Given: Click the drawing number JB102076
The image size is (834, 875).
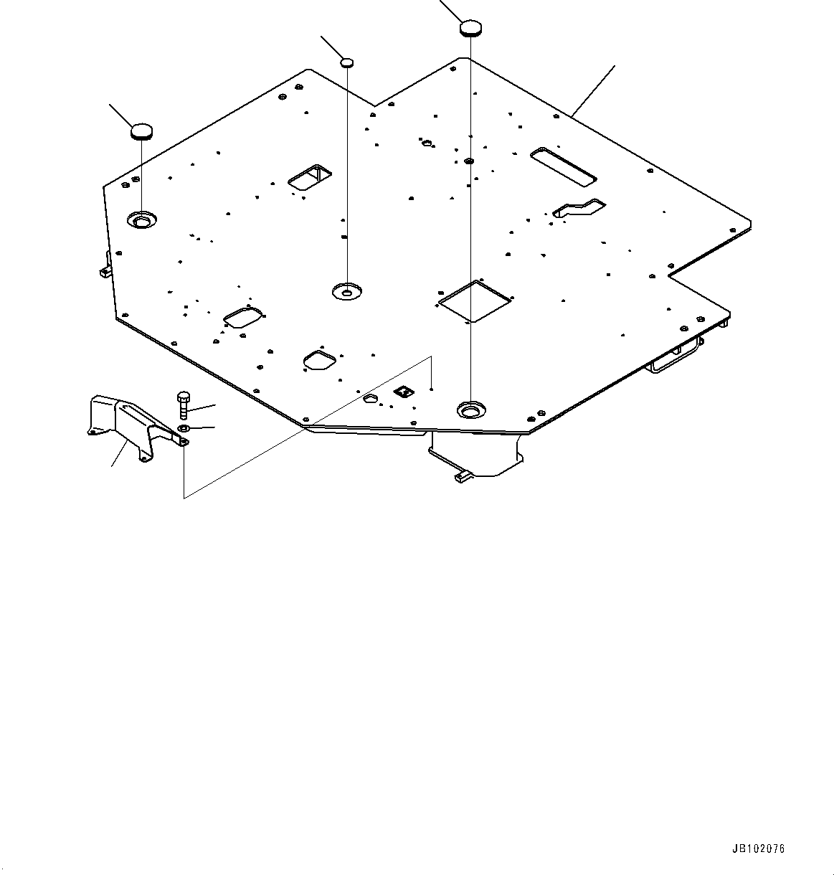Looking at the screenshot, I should (758, 848).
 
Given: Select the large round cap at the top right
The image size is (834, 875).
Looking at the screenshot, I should (470, 29).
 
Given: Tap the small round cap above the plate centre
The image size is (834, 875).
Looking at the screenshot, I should (346, 62).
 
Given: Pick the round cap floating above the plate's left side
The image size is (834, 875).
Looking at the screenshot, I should (141, 131).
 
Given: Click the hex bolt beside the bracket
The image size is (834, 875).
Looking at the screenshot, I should (183, 406).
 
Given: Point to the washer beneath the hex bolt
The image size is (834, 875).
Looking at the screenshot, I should (183, 429).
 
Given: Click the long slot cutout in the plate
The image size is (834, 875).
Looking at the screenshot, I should (563, 164).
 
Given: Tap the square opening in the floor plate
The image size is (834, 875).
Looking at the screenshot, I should (474, 300).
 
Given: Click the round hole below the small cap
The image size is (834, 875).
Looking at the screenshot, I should (347, 291).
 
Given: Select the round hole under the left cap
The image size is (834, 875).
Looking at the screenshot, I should (141, 219).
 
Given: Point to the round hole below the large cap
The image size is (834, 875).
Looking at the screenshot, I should (470, 410).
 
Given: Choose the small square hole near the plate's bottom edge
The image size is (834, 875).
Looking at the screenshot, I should (404, 391).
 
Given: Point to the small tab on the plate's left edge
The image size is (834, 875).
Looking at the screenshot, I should (105, 270).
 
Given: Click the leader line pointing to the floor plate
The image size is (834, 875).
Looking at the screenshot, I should (594, 90).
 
